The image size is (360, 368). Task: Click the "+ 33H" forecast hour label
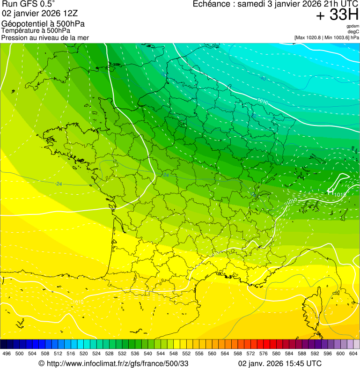pyautogui.click(x=337, y=15)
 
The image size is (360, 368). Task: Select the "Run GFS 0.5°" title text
pyautogui.click(x=29, y=5)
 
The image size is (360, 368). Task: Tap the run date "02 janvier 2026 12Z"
pyautogui.click(x=38, y=14)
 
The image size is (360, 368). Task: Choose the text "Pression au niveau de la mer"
pyautogui.click(x=45, y=37)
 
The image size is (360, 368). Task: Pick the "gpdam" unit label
pyautogui.click(x=353, y=26)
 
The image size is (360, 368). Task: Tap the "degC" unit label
pyautogui.click(x=353, y=32)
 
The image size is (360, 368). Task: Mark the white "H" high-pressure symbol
pyautogui.click(x=331, y=191)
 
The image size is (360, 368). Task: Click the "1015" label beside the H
pyautogui.click(x=340, y=194)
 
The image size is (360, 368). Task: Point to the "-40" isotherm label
pyautogui.click(x=263, y=79)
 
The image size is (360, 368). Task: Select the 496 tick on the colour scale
pyautogui.click(x=7, y=353)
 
